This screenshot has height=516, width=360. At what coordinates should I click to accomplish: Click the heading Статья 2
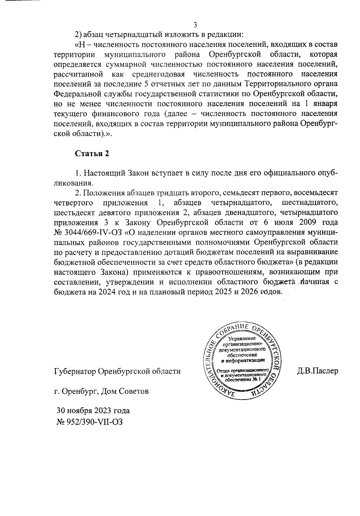coord(91,154)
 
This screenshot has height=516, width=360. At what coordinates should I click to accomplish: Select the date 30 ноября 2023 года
coord(93,410)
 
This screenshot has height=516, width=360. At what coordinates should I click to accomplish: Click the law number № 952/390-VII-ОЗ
coord(89,421)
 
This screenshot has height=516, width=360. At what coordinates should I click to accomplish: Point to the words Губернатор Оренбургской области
coord(117,371)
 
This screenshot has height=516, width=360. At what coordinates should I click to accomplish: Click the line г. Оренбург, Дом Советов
coord(101,391)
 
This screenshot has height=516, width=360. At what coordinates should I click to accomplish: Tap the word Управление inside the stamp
coord(242,339)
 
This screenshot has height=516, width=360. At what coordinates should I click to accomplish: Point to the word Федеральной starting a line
coord(77,94)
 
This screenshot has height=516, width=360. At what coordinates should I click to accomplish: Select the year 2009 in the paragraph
coord(305,223)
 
